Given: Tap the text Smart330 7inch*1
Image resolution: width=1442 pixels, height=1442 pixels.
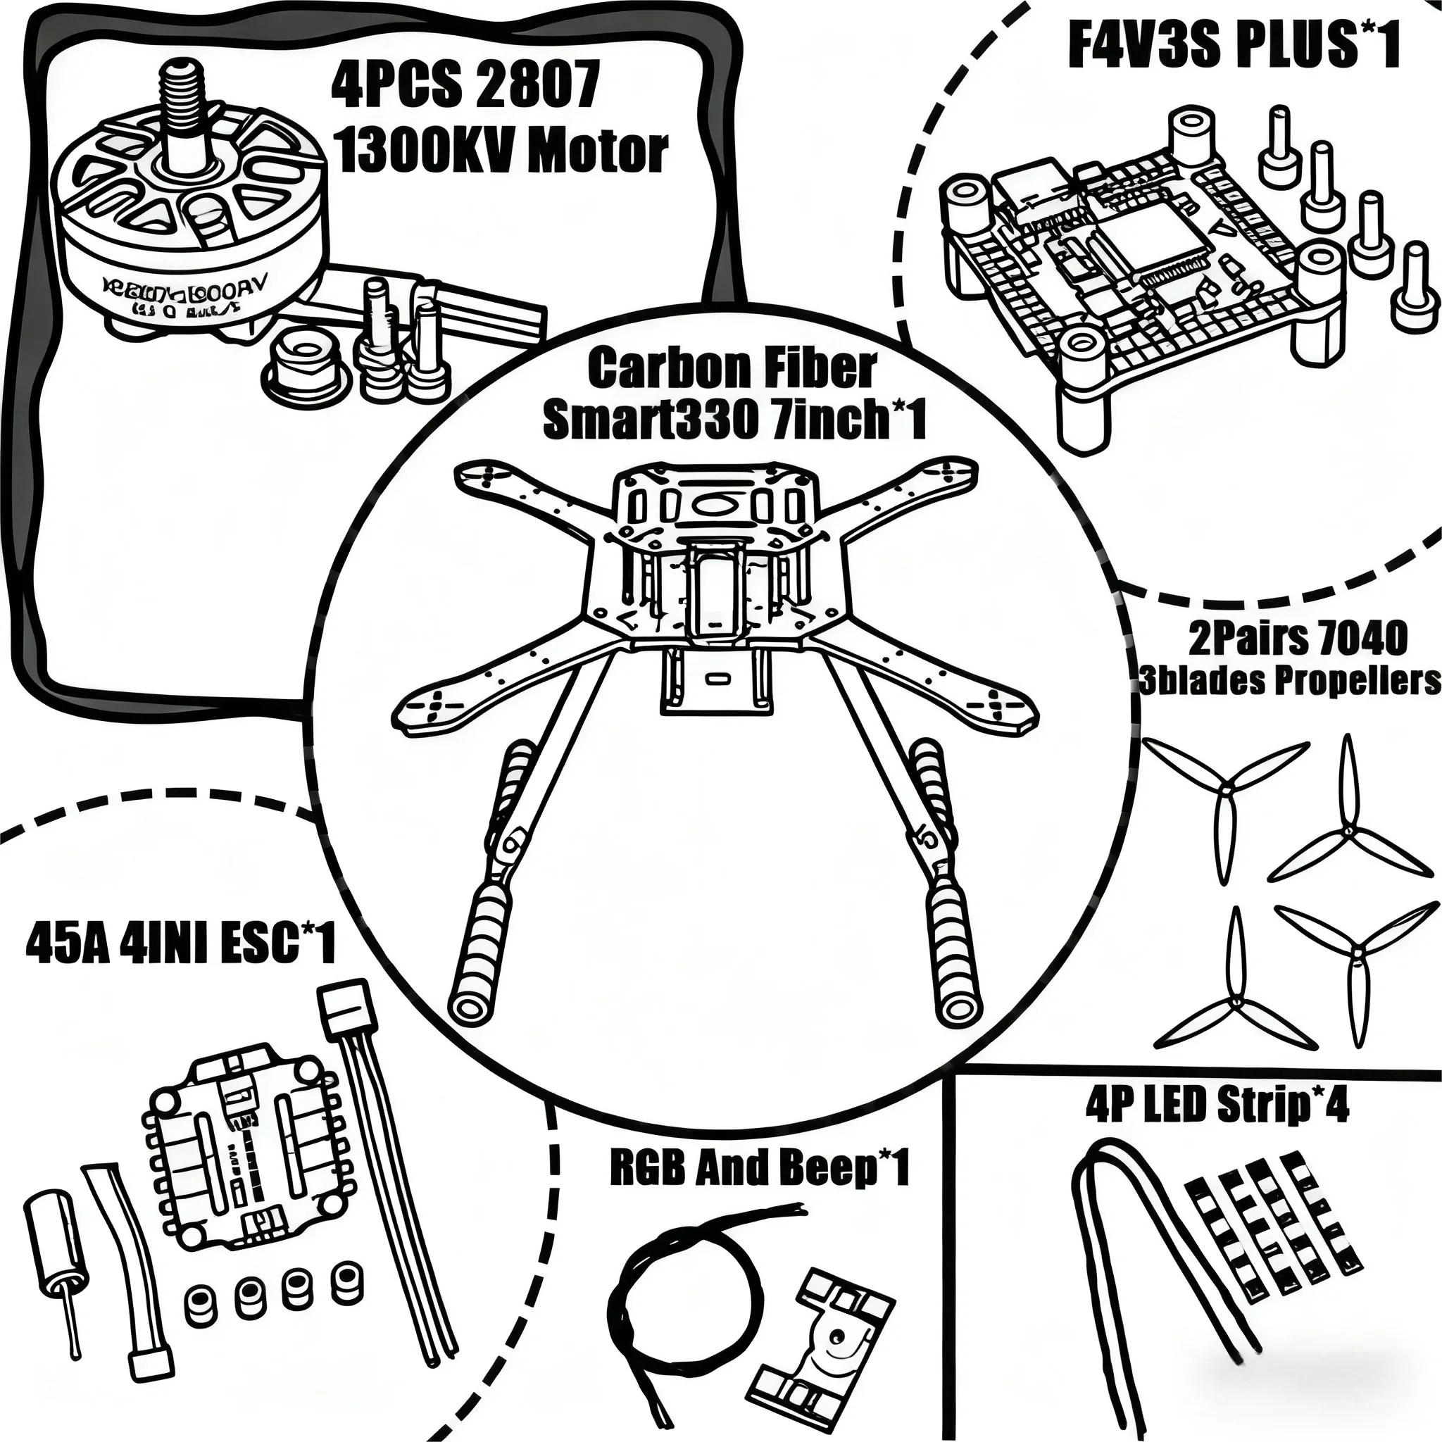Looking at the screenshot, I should tap(734, 420).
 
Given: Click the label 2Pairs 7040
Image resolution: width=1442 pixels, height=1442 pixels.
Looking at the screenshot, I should tap(1297, 638).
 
